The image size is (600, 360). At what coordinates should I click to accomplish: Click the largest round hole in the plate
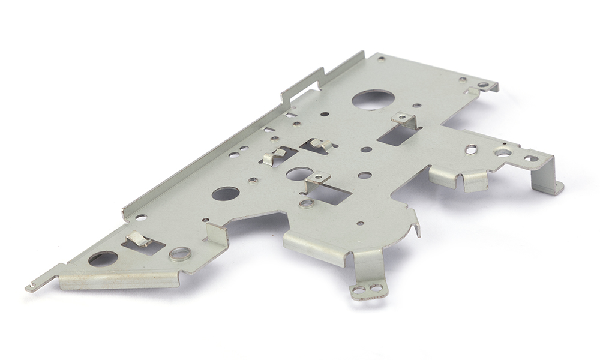[x=373, y=99]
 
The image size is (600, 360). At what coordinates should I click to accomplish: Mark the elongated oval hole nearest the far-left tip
[x=103, y=259]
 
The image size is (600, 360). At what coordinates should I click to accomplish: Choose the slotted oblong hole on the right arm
[x=471, y=149]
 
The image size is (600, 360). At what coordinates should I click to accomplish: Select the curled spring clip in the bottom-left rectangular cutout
[x=139, y=239]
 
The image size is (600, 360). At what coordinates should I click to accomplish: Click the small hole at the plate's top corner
[x=381, y=59]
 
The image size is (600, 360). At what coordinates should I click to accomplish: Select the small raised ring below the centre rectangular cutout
[x=307, y=203]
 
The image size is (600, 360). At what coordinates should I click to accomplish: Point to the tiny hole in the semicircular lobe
[x=360, y=223]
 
